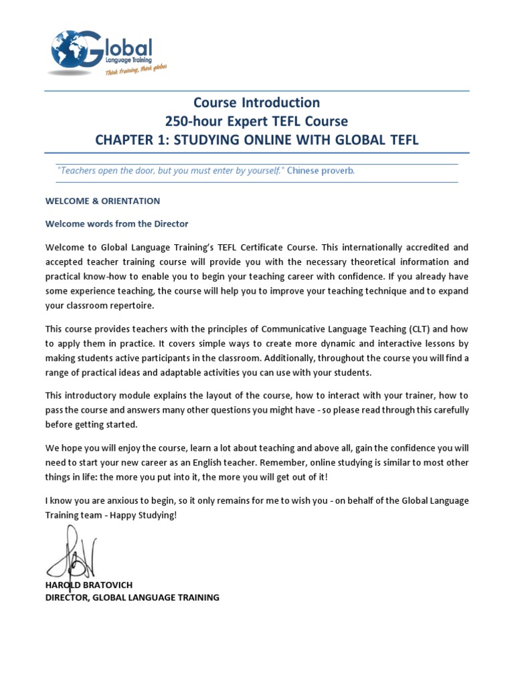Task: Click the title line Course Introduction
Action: tap(256, 102)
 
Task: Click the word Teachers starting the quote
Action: tap(79, 171)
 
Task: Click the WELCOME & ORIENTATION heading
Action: tap(102, 201)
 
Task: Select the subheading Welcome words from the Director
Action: tap(116, 224)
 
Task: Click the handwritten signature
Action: tap(72, 553)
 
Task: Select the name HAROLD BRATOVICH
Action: tap(89, 585)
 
